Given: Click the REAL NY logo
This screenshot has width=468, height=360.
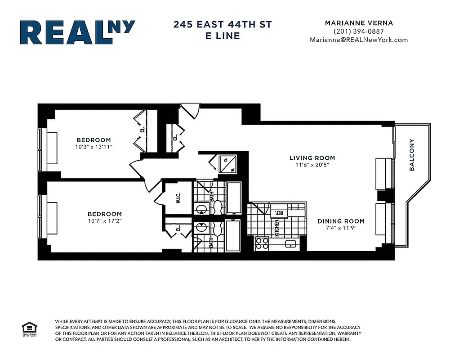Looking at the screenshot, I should pyautogui.click(x=77, y=32).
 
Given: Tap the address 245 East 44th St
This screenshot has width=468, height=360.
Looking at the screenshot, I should pyautogui.click(x=223, y=24).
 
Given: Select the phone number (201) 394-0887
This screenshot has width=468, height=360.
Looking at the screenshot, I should pyautogui.click(x=358, y=31).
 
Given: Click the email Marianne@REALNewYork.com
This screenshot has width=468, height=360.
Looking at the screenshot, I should pyautogui.click(x=358, y=40).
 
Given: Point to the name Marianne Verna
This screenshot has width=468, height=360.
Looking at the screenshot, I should pyautogui.click(x=358, y=23).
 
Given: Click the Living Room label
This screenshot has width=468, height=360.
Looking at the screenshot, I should pyautogui.click(x=312, y=158).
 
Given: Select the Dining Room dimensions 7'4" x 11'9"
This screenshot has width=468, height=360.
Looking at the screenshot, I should pyautogui.click(x=341, y=228).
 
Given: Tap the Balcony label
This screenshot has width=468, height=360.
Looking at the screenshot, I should pyautogui.click(x=412, y=155).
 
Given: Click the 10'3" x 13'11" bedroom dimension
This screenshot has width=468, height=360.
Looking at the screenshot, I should pyautogui.click(x=94, y=147).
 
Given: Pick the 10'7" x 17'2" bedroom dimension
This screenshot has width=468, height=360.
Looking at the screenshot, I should pyautogui.click(x=104, y=221).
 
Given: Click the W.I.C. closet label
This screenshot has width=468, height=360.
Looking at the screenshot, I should pyautogui.click(x=178, y=198).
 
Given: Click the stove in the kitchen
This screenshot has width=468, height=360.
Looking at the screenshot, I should pyautogui.click(x=262, y=243).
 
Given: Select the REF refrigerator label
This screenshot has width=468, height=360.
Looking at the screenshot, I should pyautogui.click(x=279, y=212).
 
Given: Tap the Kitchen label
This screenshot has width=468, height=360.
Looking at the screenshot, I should pyautogui.click(x=277, y=228).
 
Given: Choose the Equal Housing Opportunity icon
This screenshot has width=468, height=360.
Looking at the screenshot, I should pyautogui.click(x=28, y=328).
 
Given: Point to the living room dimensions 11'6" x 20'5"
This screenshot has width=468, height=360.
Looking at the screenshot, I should pyautogui.click(x=312, y=165).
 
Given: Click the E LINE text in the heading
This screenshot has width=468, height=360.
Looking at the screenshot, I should pyautogui.click(x=223, y=36).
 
